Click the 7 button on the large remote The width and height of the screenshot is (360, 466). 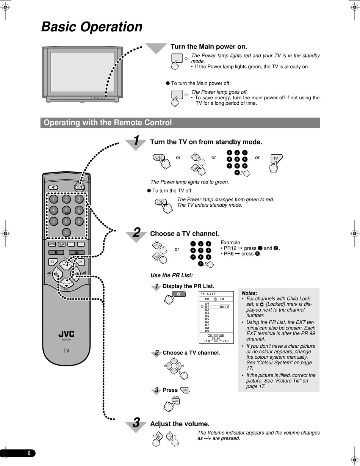[53, 221]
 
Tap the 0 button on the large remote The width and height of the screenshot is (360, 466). [66, 232]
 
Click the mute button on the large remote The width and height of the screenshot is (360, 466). [53, 187]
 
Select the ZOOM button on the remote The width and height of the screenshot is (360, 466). [52, 244]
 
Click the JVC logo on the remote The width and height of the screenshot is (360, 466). [66, 334]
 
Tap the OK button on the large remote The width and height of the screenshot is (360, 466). [80, 262]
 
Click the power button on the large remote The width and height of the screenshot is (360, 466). [79, 187]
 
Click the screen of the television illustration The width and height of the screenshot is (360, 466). [82, 72]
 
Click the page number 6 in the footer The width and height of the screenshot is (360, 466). [29, 453]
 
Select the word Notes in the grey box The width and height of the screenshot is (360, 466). [249, 293]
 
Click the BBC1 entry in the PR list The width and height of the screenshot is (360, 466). [224, 307]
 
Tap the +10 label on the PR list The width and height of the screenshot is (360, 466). [225, 341]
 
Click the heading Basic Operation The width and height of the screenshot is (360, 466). [92, 27]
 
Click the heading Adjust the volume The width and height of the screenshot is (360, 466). [180, 424]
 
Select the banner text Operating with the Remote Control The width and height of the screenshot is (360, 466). [108, 122]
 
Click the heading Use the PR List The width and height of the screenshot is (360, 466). [171, 275]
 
